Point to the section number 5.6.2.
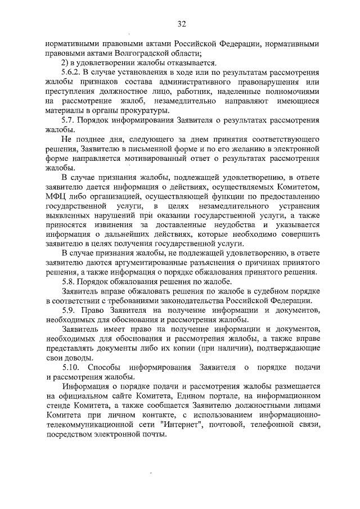click(71, 73)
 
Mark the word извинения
click(101, 225)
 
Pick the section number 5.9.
click(69, 310)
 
